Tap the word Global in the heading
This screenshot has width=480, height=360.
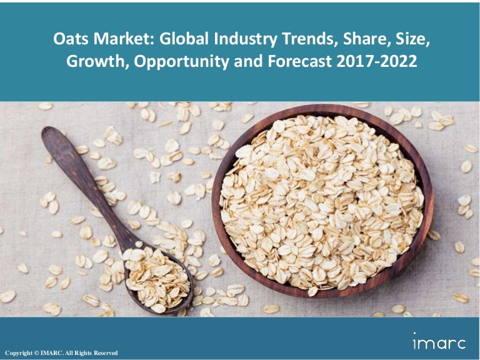180,41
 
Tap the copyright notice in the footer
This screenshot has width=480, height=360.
61,353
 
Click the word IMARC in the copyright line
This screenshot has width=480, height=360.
52,353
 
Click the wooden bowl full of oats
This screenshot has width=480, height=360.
322,201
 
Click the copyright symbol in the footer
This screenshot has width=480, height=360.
34,353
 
